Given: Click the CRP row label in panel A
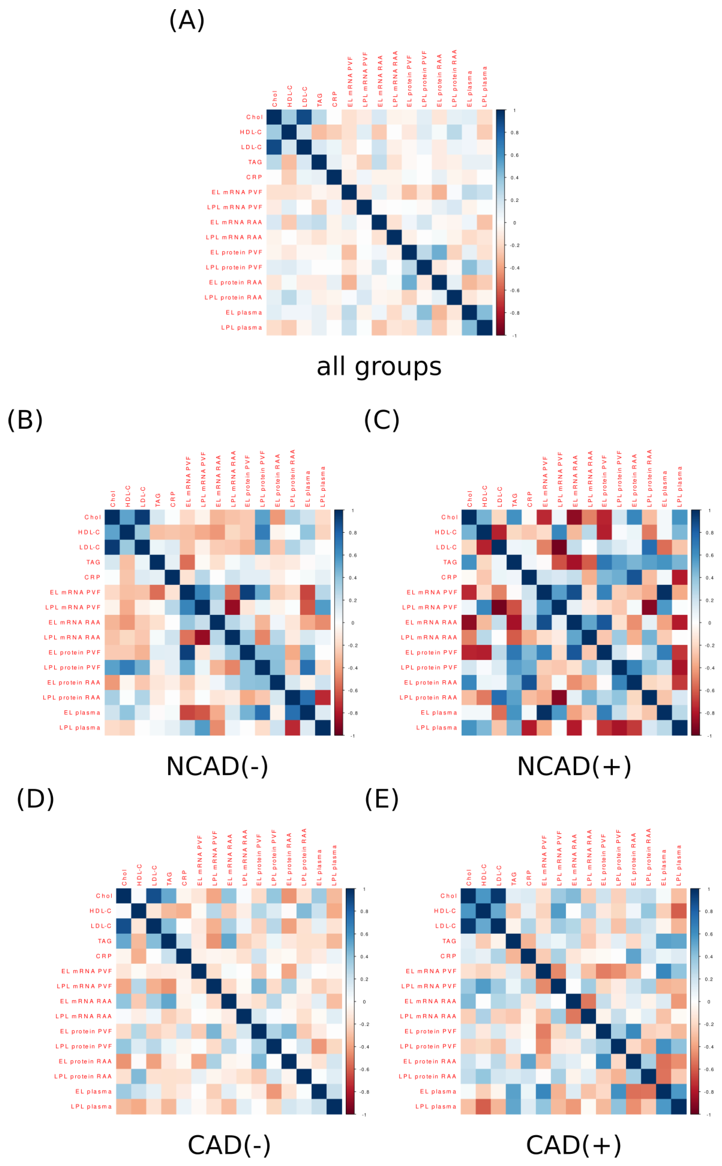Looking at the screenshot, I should pyautogui.click(x=254, y=177).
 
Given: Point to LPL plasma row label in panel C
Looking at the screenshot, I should pyautogui.click(x=436, y=728).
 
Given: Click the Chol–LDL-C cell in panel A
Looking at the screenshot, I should pyautogui.click(x=304, y=117).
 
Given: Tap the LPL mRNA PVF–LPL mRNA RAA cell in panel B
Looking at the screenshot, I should pyautogui.click(x=232, y=607).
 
